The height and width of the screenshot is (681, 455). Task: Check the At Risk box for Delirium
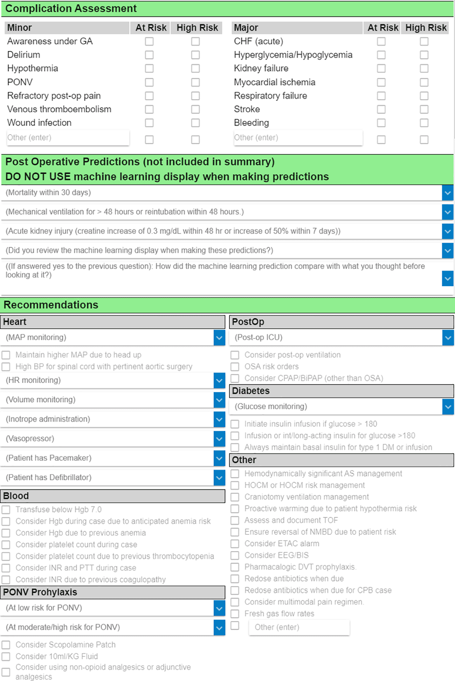[149, 55]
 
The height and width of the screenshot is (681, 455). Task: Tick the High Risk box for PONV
[195, 82]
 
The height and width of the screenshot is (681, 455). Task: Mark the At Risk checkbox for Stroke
[381, 109]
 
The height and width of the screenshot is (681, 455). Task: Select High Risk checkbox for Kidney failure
[424, 68]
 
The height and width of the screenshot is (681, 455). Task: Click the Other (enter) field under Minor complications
[68, 138]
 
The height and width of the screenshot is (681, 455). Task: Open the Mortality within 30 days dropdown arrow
[447, 193]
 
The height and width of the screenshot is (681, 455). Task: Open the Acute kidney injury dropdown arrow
[447, 231]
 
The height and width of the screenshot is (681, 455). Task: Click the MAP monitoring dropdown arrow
[219, 338]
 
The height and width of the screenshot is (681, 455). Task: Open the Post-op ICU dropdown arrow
[448, 338]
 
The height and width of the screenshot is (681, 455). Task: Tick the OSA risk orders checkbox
[235, 367]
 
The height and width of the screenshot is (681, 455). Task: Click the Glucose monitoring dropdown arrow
[448, 407]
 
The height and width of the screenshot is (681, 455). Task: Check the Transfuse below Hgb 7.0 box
[6, 510]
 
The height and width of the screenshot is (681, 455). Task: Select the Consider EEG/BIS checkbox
[235, 555]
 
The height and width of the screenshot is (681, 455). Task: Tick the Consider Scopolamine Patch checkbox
[6, 645]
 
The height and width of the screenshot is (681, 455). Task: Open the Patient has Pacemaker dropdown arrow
[219, 458]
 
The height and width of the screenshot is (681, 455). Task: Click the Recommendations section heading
[51, 305]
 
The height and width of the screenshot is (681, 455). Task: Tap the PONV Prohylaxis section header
[40, 592]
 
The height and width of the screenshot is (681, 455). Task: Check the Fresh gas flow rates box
[235, 614]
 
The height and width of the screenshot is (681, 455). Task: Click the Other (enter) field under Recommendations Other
[299, 627]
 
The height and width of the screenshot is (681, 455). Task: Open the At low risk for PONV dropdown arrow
[219, 608]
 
